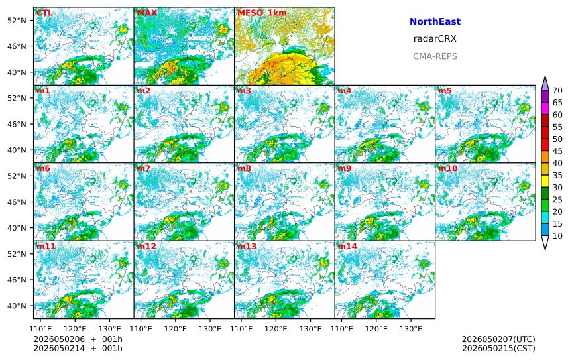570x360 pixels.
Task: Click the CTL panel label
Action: point(44,13)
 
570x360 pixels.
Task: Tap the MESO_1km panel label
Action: point(262,13)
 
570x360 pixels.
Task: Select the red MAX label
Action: point(146,13)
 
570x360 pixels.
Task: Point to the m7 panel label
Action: point(143,168)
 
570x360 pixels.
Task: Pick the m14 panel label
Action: point(347,246)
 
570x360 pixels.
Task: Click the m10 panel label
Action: point(447,168)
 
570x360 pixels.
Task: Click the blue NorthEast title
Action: point(435,21)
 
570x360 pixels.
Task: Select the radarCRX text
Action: point(435,39)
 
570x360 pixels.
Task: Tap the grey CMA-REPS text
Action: point(435,56)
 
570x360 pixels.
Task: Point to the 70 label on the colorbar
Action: point(557,91)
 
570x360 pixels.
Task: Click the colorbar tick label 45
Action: point(557,151)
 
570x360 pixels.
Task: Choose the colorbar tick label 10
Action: point(557,236)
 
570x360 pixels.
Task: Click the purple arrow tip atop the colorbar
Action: point(545,76)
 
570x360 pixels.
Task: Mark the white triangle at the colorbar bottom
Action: point(545,243)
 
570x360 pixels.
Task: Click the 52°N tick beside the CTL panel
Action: point(17,21)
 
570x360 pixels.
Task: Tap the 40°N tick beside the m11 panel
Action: point(17,306)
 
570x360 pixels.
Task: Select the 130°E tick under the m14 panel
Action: point(411,329)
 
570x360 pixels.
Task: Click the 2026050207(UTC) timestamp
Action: point(498,339)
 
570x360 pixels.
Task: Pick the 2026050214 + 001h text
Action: point(78,349)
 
